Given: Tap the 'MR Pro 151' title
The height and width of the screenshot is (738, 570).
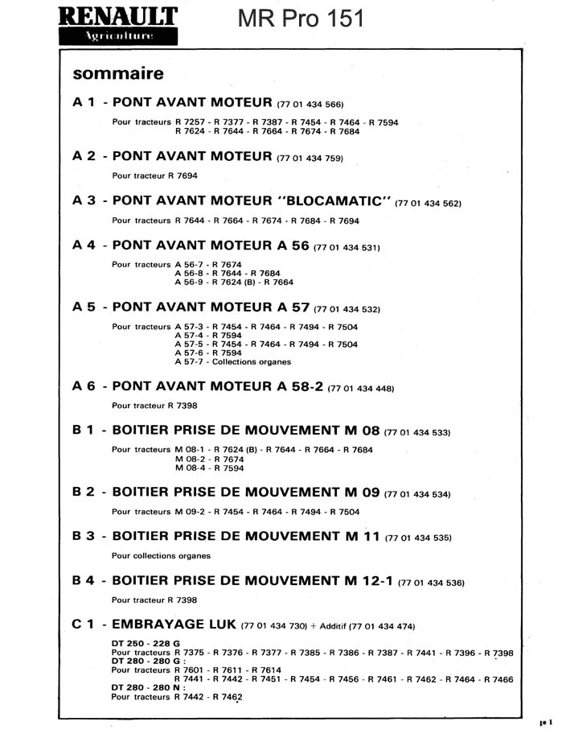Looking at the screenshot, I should coord(301,19).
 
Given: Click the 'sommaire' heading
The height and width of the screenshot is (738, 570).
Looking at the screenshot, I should coord(118,74).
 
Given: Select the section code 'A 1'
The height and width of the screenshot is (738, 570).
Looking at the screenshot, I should coord(84,103).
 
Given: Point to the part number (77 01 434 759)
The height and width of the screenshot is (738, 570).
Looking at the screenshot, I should coord(310,159).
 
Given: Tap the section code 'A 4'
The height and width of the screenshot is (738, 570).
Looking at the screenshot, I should coord(84,245).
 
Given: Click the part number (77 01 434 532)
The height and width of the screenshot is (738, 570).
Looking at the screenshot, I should coord(347,309).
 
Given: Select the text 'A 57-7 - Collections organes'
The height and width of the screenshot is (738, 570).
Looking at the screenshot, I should coord(232,362).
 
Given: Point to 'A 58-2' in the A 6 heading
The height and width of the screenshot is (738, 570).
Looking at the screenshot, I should coord(293,386).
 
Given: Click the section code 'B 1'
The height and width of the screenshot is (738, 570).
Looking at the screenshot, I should coord(84,431).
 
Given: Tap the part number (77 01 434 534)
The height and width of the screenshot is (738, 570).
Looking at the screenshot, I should coord(417,494).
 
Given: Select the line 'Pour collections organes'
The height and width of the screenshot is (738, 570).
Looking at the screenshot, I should coord(161,555).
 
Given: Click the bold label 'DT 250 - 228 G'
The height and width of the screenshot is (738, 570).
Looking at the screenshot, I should coord(146,644).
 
